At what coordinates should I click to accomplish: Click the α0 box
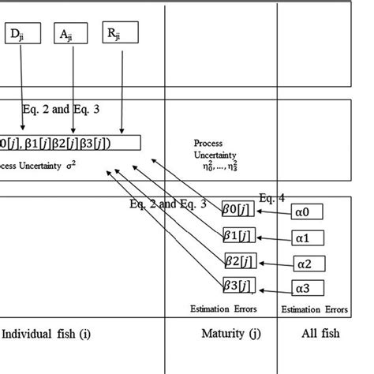tap(308, 211)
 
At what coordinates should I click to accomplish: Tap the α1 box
tap(308, 237)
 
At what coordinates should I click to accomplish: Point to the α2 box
tap(308, 262)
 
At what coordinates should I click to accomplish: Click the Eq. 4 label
tap(271, 197)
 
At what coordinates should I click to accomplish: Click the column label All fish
tap(321, 334)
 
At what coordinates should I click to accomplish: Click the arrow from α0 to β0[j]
tap(273, 211)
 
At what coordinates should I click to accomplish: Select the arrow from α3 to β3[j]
tap(273, 286)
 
